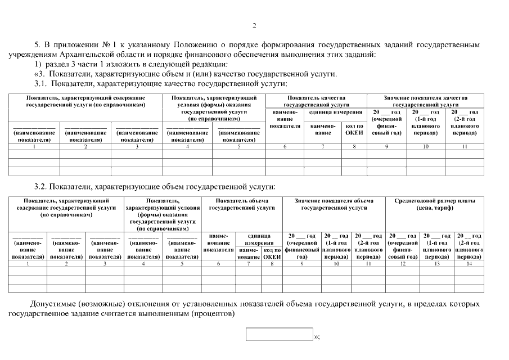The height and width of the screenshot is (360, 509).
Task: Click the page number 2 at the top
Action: (254, 25)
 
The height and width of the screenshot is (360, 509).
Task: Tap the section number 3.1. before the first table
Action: (41, 83)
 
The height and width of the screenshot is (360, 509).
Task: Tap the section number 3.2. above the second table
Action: (41, 187)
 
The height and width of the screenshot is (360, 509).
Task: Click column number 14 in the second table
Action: (469, 263)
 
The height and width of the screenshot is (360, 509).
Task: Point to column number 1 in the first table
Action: (34, 147)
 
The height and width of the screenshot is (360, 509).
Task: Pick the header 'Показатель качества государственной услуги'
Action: (316, 101)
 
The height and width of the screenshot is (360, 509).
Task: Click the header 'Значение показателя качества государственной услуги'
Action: (425, 101)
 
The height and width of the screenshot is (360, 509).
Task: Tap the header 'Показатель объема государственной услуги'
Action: (242, 204)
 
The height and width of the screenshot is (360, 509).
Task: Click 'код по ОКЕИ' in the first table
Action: (354, 129)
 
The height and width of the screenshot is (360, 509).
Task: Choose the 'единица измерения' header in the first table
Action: (335, 112)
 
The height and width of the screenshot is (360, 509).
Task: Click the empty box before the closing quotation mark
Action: (279, 334)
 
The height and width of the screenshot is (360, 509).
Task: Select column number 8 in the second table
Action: (271, 263)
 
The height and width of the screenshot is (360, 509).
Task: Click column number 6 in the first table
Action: (285, 147)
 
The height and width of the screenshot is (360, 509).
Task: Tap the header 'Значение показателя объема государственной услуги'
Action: (334, 204)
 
